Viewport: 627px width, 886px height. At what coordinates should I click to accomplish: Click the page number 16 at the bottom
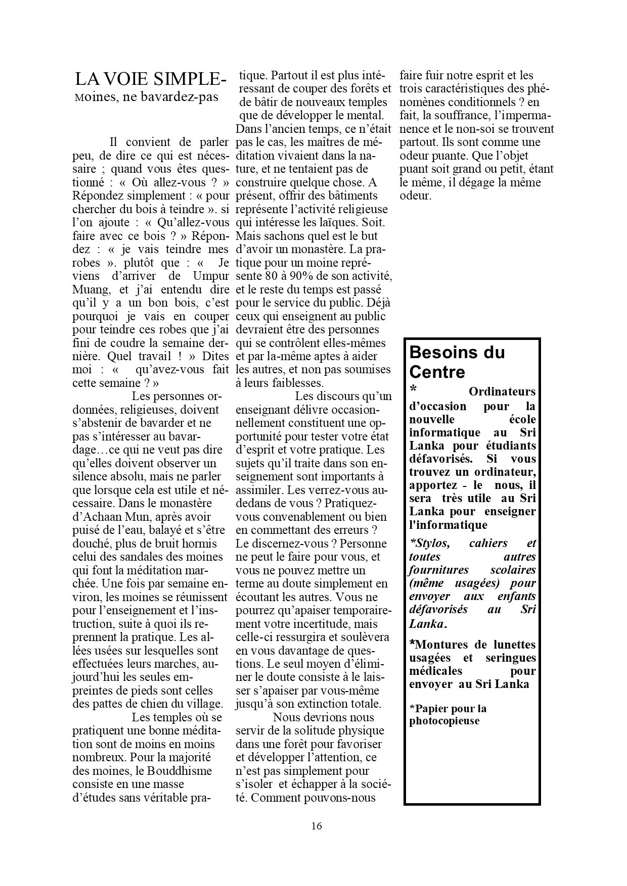point(317,826)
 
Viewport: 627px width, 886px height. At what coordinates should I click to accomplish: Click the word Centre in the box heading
point(437,372)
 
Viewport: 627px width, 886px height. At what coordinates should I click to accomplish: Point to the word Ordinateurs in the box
point(502,391)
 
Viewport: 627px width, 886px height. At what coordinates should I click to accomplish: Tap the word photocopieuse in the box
point(444,721)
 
